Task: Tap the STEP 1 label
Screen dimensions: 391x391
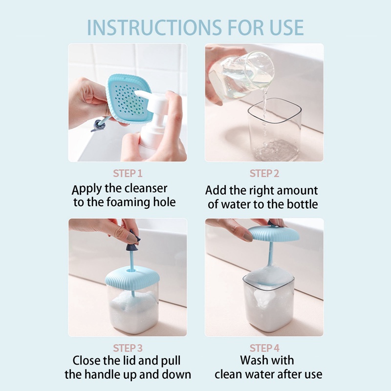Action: [128, 174]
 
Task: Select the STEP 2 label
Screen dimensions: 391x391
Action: [264, 174]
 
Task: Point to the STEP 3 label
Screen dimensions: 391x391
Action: [128, 348]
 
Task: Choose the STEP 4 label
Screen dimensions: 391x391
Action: [264, 348]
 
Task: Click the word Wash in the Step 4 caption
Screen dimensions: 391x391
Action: [253, 360]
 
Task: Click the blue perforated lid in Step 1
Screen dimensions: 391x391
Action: [129, 99]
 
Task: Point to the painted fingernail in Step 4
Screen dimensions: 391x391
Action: [247, 237]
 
